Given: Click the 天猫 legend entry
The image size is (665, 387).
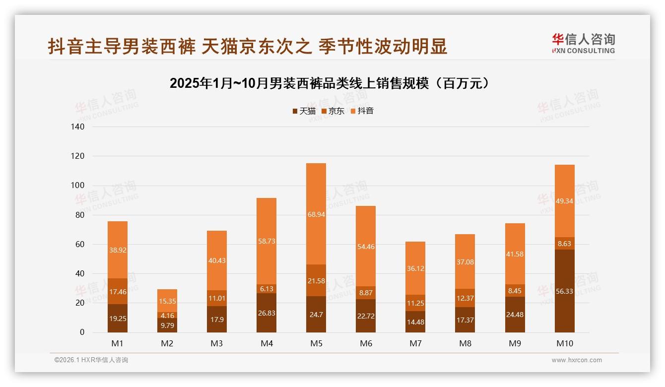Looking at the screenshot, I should point(304,111).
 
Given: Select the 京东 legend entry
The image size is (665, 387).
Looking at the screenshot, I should point(333,111).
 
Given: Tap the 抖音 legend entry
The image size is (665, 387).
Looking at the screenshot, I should point(362,111).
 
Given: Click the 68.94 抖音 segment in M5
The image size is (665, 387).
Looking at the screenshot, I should point(316,214).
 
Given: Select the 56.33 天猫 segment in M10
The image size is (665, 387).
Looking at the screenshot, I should point(564,291).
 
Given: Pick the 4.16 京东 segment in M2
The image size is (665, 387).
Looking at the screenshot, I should point(167,315).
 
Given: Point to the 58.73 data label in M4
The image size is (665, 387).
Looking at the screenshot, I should point(266,241).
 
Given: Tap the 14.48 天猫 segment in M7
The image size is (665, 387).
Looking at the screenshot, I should point(415,322).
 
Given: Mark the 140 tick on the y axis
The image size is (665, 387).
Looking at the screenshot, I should point(78,127).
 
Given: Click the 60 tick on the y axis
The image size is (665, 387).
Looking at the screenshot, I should point(80,244).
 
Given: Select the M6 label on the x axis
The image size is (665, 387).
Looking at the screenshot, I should point(366,343).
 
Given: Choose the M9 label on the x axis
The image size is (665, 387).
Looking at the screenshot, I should point(515,343).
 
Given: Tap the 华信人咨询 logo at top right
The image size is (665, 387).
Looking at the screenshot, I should point(583,43).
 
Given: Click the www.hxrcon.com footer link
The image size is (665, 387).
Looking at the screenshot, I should point(577,360).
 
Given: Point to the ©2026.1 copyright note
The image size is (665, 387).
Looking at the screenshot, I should point(91,360).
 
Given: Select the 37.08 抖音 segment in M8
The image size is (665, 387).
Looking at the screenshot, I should point(465,261).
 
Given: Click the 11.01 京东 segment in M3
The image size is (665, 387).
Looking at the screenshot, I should point(217,298).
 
